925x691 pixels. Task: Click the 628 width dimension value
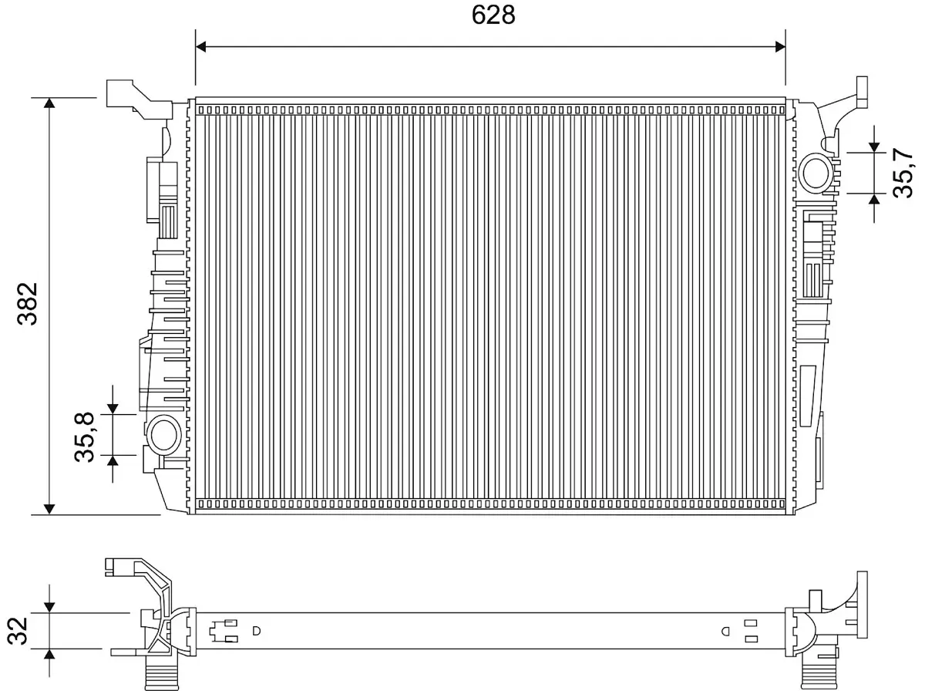coord(493,15)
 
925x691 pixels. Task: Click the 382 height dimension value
coord(28,304)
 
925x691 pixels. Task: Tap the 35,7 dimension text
coord(903,173)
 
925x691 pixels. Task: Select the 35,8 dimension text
coord(84,437)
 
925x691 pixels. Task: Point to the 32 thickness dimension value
coord(18,631)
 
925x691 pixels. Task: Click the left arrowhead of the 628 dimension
coord(201,47)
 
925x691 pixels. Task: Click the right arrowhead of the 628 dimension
coord(780,47)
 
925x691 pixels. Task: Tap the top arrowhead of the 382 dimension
coord(49,103)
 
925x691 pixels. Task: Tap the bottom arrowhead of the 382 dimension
coord(49,509)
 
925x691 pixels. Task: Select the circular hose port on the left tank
coord(163,435)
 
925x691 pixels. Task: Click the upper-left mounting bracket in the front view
coord(140,99)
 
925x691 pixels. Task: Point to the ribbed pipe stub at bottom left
coord(161,672)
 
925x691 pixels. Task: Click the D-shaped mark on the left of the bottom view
coord(256,631)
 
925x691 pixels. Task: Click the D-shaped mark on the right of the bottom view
coord(725,631)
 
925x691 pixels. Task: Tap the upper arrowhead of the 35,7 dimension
coord(874,147)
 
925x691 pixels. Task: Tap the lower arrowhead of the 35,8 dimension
coord(113,460)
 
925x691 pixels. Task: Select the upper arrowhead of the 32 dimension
coord(49,608)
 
